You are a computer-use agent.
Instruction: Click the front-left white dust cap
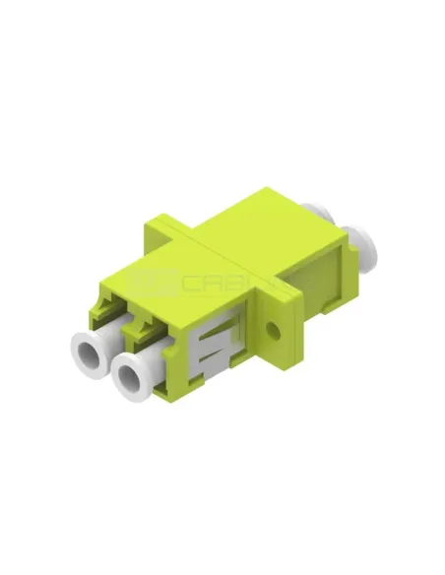[x=87, y=349]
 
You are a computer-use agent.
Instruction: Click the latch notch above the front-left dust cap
[x=111, y=310]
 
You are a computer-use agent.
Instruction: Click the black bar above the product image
[x=222, y=39]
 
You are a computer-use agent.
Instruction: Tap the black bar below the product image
[x=222, y=537]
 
